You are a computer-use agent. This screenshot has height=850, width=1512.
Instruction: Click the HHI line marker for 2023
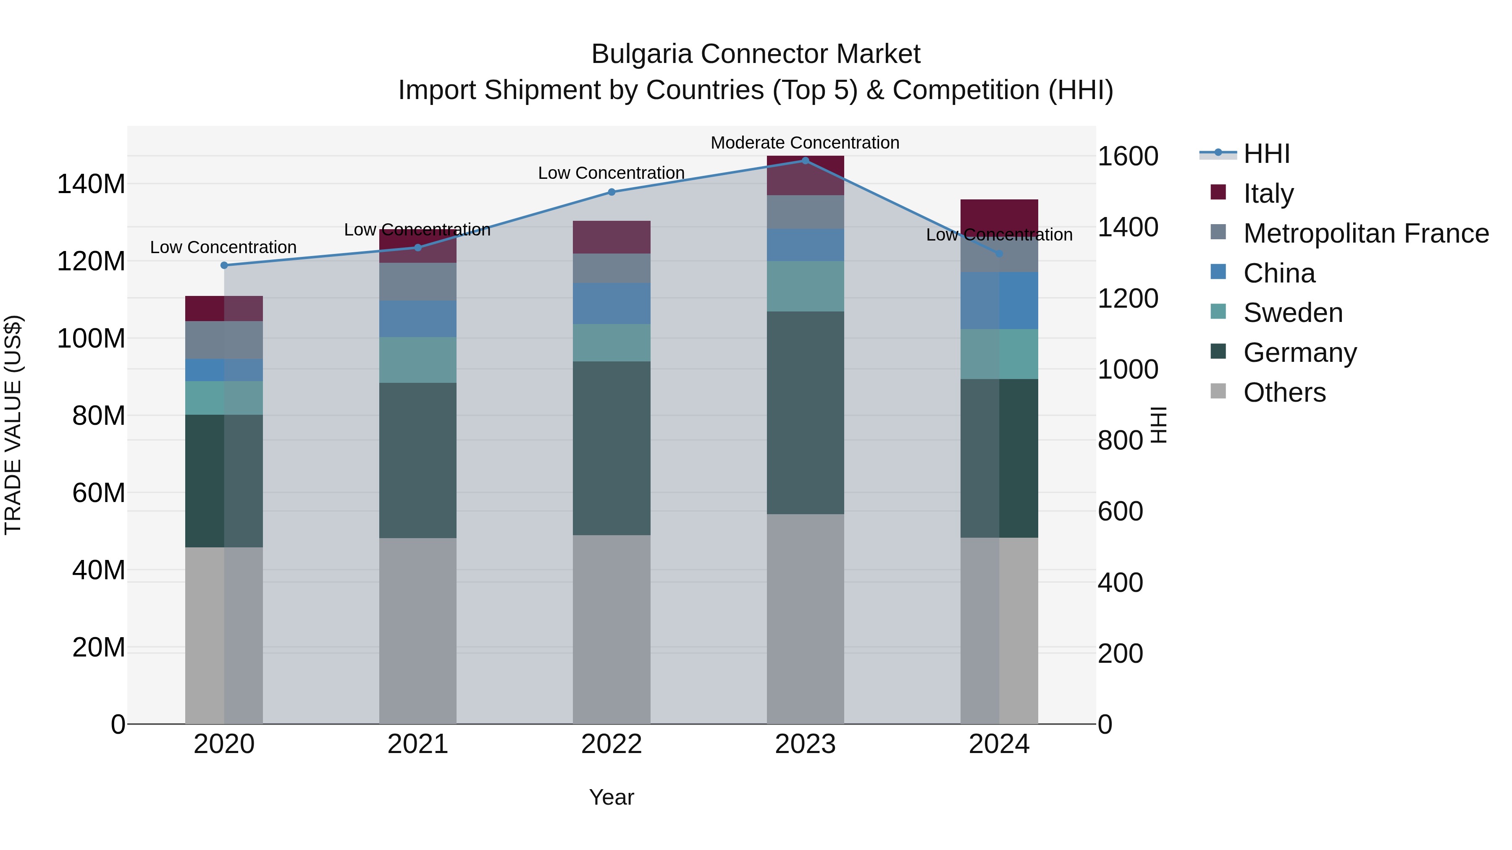805,161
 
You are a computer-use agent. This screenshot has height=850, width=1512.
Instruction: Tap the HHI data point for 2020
223,265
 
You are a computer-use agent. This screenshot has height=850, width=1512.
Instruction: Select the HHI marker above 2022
611,192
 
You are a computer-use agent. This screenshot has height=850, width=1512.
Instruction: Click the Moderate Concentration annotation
805,143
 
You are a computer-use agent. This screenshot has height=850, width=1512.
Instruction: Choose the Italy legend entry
1268,194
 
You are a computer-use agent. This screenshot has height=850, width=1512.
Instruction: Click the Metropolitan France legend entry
1365,233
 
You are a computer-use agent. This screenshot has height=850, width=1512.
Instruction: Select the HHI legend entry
1266,154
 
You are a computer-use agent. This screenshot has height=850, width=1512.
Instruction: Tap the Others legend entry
1284,392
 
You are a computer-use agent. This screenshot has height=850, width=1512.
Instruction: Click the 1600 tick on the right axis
1128,156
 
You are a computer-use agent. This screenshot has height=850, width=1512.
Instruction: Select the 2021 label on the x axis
417,744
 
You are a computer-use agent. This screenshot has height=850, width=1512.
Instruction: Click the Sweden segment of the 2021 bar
417,360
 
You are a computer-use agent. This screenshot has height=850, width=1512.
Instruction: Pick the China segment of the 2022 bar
611,303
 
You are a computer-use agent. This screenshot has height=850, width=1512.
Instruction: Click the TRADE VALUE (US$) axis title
13,425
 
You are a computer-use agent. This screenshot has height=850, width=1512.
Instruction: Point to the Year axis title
611,797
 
